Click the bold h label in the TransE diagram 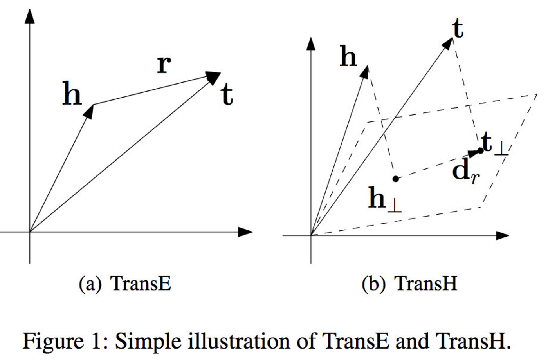click(72, 95)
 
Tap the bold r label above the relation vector click(164, 64)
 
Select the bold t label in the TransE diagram click(227, 95)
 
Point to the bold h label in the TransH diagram click(348, 56)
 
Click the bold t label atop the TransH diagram click(458, 28)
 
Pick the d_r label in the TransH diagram click(465, 171)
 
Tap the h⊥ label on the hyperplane click(384, 200)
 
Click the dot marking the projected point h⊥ click(395, 179)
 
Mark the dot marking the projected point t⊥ click(480, 151)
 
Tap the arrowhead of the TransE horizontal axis click(245, 232)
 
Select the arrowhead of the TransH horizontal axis click(502, 235)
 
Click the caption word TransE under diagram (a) click(141, 283)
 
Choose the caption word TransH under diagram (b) click(426, 283)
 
